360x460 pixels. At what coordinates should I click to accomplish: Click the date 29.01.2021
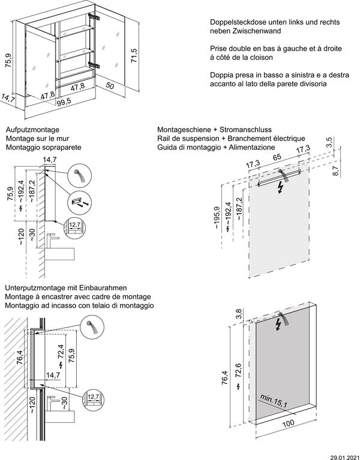point(344,456)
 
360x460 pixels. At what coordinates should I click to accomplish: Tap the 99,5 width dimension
point(64,103)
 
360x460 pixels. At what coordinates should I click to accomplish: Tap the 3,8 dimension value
point(238,314)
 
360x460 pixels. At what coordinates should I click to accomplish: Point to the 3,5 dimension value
point(329,142)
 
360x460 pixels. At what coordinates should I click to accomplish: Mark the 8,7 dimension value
point(335,170)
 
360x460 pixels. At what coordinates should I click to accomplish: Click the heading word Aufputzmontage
point(31,130)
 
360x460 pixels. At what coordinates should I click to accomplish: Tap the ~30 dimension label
point(32,236)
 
